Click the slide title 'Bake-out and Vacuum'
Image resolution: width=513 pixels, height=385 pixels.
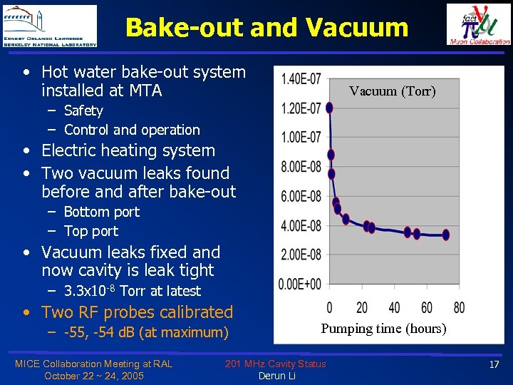point(266,27)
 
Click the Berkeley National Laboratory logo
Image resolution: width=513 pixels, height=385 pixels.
point(50,26)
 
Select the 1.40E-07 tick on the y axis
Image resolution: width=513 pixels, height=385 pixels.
point(301,78)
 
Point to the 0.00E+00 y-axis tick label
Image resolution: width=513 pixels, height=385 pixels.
point(301,284)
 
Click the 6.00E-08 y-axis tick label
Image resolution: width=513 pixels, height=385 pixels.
point(301,196)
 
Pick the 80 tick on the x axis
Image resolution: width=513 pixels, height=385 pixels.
point(459,308)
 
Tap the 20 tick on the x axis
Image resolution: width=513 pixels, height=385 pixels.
point(362,308)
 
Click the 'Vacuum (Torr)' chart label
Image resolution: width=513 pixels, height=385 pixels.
point(392,91)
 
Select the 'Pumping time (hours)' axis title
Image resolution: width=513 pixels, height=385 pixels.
point(383,329)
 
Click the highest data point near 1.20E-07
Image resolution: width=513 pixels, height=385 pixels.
point(329,108)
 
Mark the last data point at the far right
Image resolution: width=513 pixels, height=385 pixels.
point(446,234)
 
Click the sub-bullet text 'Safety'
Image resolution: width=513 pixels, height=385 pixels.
point(83,111)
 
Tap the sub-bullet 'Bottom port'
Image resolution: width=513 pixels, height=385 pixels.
point(101,212)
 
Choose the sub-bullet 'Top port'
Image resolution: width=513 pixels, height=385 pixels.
point(90,231)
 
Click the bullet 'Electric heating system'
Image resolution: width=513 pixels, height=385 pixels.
point(128,150)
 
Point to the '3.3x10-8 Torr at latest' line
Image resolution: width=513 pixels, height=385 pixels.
point(132,291)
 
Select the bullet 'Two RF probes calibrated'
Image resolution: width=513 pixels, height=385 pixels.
point(137,312)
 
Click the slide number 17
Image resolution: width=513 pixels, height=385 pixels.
point(494,365)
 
